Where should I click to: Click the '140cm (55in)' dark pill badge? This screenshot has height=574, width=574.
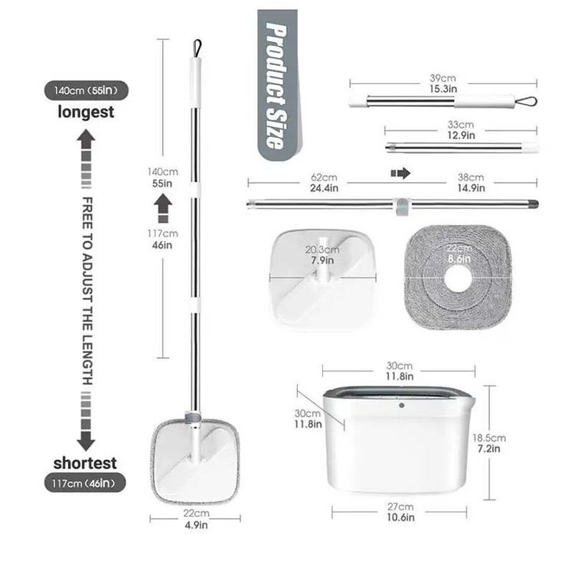pos(86,90)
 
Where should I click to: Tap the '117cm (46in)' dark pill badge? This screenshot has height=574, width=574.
pos(85,483)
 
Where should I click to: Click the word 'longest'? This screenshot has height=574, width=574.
pos(86,112)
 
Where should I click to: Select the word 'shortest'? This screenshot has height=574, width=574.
pos(85,463)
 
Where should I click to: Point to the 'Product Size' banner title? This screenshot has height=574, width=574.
pos(277,86)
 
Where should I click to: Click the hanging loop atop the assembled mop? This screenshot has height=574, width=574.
pos(197,48)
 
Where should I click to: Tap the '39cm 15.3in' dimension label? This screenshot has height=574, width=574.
pos(443,83)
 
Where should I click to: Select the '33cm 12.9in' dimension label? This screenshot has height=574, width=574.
pos(461,130)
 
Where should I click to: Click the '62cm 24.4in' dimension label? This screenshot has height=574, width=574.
pos(324,182)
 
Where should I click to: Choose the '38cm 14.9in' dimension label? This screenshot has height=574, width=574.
pos(471,182)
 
